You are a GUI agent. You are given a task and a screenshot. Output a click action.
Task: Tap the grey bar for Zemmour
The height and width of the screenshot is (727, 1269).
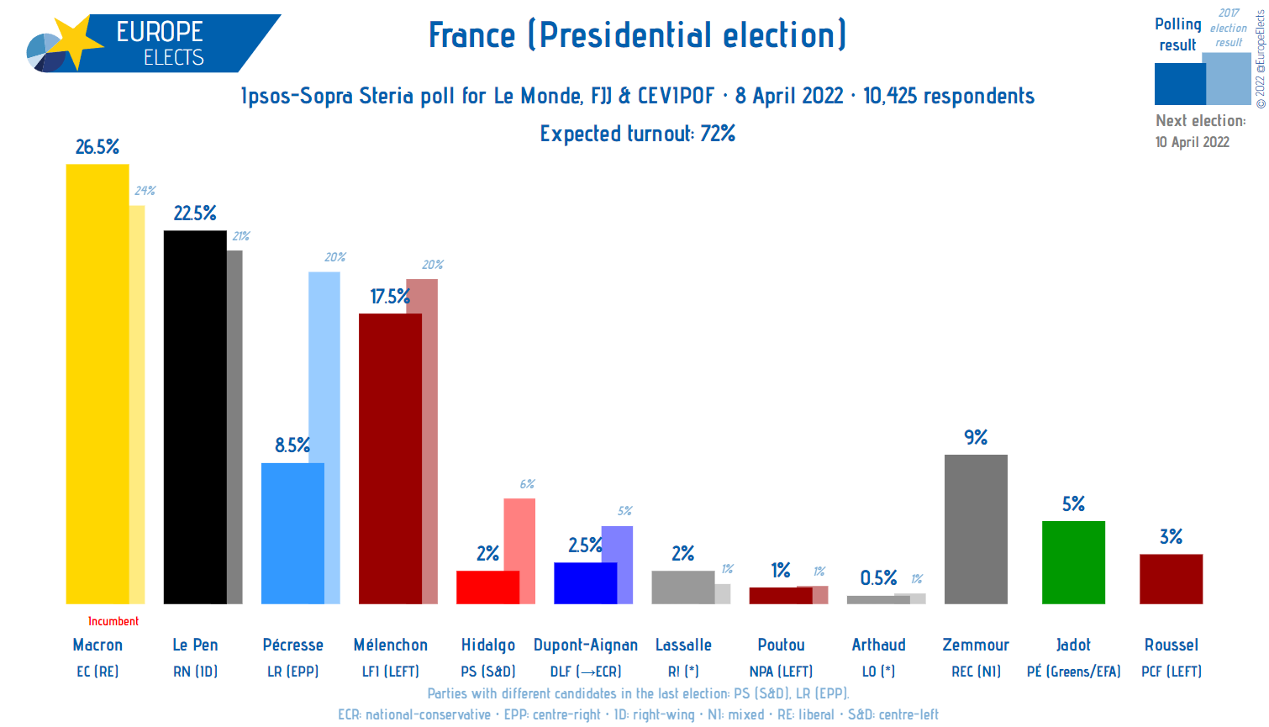tap(976, 529)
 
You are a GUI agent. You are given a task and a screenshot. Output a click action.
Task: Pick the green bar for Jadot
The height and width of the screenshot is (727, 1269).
tap(1073, 562)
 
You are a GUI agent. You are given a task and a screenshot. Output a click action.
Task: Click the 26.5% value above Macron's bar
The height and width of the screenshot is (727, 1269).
tap(97, 147)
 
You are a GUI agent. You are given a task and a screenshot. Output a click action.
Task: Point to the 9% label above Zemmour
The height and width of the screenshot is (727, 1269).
tap(976, 437)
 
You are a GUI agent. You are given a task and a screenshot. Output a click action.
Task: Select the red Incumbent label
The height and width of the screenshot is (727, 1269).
tap(113, 621)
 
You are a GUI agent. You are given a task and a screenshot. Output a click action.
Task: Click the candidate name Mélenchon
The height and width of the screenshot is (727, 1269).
tap(391, 645)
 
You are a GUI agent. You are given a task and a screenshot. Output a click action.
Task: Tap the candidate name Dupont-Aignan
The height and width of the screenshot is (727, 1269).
tap(586, 645)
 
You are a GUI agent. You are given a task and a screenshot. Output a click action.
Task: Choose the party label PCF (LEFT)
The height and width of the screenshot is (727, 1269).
tap(1172, 672)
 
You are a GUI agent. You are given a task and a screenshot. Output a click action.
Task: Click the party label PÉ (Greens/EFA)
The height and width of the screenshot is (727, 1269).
tap(1074, 672)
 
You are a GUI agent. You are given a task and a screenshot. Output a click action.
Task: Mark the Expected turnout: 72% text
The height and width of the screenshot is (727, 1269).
tap(638, 134)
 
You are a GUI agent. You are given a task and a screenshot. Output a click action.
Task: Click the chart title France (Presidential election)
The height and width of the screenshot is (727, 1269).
tap(637, 35)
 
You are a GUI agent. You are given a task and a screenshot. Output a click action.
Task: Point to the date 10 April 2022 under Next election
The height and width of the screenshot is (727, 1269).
tap(1193, 142)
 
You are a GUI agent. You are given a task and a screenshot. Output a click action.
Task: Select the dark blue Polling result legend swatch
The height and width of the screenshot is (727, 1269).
tap(1179, 84)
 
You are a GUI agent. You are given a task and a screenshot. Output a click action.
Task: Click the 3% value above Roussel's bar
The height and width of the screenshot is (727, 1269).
tap(1171, 536)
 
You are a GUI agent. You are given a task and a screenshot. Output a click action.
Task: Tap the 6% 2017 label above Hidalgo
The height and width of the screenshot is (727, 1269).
tap(527, 484)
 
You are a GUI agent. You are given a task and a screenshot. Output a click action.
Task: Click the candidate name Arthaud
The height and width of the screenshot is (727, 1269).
tap(879, 645)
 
